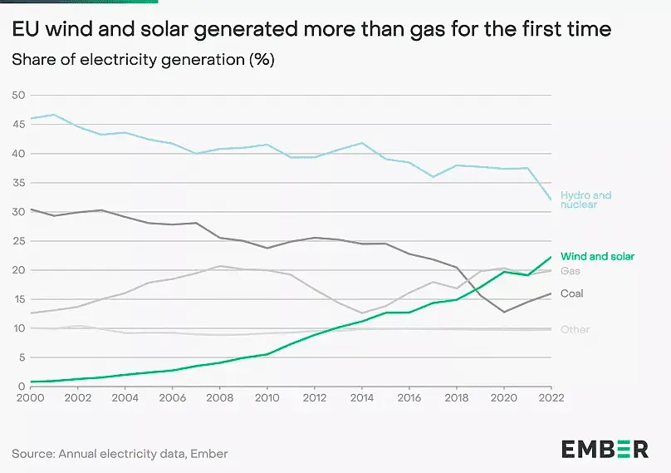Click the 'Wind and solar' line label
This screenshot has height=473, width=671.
click(x=597, y=257)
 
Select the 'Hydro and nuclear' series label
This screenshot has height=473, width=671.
click(x=585, y=200)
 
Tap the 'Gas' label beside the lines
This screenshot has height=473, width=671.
click(x=570, y=272)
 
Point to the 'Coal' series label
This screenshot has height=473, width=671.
click(x=572, y=293)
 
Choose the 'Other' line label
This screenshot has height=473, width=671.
click(x=575, y=330)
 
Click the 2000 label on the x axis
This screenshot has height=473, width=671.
click(x=30, y=397)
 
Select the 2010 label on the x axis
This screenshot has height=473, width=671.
click(x=267, y=397)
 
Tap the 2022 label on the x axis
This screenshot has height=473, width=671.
click(x=551, y=397)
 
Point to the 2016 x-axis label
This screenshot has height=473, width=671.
click(x=409, y=397)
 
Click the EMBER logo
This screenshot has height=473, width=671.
click(x=605, y=449)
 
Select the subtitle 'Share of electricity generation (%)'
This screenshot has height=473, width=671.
click(x=143, y=60)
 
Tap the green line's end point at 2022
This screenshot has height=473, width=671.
click(x=551, y=257)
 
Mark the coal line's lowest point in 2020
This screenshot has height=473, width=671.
click(x=503, y=312)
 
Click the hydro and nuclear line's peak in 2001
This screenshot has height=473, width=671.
click(x=54, y=115)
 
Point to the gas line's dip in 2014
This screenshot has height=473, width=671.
click(x=361, y=313)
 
